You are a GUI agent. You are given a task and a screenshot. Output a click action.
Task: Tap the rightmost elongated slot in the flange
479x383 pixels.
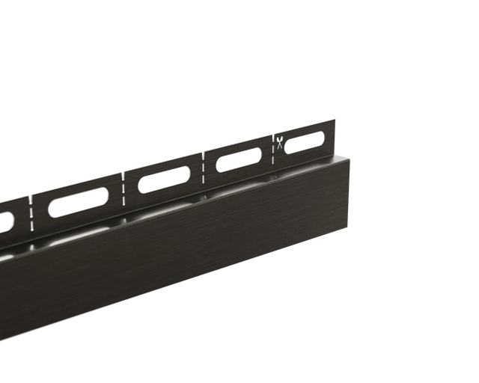[304, 141]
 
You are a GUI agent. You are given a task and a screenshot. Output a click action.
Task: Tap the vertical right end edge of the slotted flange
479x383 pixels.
[327, 139]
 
